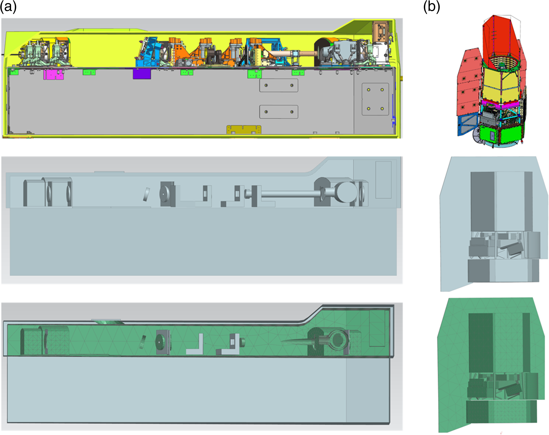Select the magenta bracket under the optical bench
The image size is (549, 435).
[53, 74]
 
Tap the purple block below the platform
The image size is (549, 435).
[142, 74]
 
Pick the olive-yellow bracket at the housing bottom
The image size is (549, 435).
[244, 129]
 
